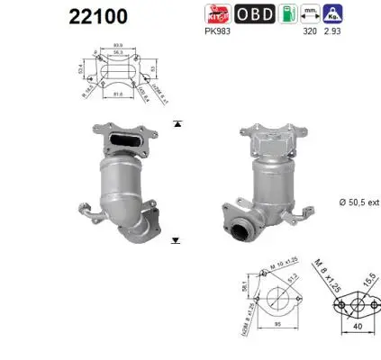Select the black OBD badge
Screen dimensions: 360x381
tap(255, 13)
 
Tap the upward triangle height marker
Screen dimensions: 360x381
tap(177, 123)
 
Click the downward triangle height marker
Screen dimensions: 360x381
tap(176, 241)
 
